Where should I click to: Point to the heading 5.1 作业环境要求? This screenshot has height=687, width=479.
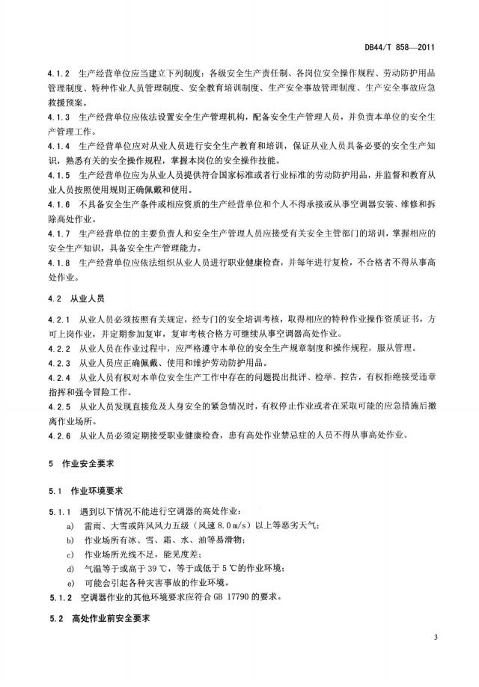[x=86, y=491]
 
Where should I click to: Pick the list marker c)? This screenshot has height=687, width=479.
[x=70, y=554]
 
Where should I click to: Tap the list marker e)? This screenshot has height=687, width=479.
[x=70, y=582]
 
